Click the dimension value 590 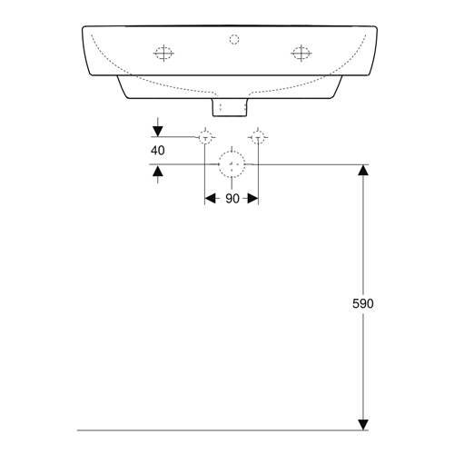click(363, 303)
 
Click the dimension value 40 click(158, 151)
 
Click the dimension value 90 click(232, 199)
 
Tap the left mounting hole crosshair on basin click(163, 54)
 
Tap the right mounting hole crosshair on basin click(301, 54)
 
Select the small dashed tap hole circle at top click(234, 35)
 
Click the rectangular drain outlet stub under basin click(230, 115)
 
